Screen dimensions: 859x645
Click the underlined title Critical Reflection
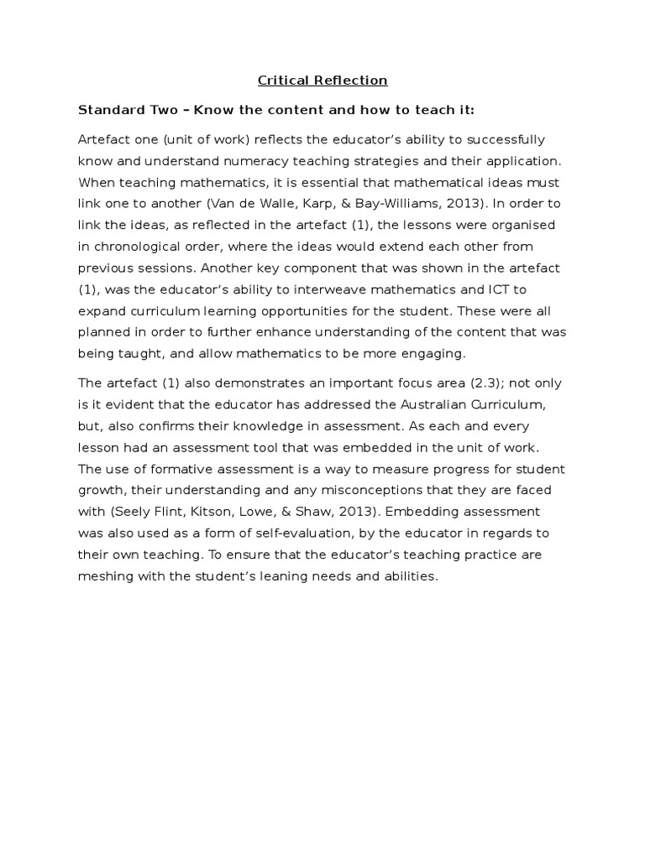(x=322, y=81)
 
